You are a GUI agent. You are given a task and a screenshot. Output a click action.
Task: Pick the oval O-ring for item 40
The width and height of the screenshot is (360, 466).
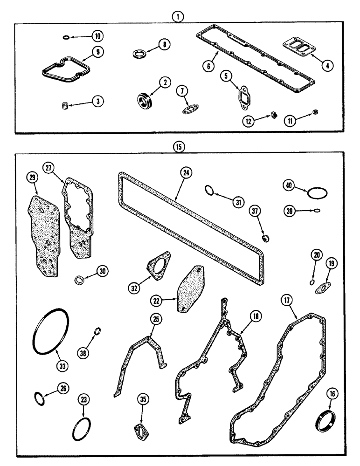click(x=318, y=192)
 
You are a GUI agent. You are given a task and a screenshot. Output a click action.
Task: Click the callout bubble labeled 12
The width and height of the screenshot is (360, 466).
click(x=248, y=121)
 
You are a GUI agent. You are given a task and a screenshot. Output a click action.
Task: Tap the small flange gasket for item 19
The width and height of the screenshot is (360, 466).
click(x=321, y=289)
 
